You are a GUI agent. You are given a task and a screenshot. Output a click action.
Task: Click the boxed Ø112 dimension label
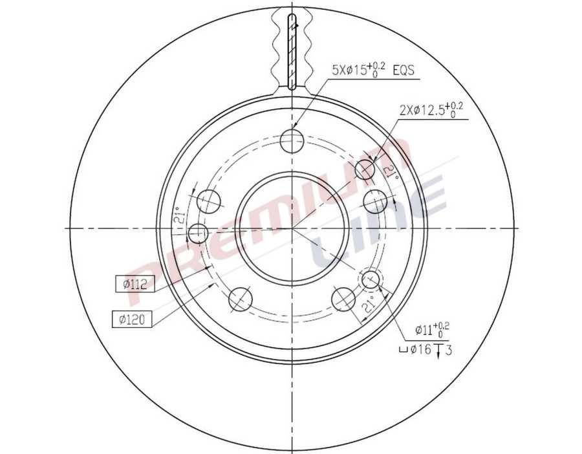click(131, 283)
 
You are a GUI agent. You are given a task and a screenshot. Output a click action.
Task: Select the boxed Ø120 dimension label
click(131, 318)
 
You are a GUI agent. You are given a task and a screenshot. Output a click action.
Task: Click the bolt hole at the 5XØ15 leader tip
click(292, 138)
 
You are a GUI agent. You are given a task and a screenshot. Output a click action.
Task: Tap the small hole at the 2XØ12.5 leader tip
click(365, 169)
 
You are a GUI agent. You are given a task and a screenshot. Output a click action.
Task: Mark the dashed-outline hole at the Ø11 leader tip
click(371, 279)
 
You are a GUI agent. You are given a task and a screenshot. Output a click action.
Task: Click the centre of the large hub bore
click(292, 228)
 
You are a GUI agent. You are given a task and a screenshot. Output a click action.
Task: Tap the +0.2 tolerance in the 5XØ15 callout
click(381, 66)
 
